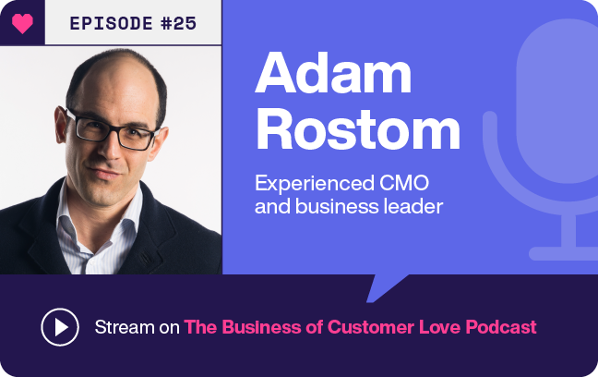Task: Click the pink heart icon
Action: (22, 23)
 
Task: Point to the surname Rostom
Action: (357, 130)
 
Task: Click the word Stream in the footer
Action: (124, 327)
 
